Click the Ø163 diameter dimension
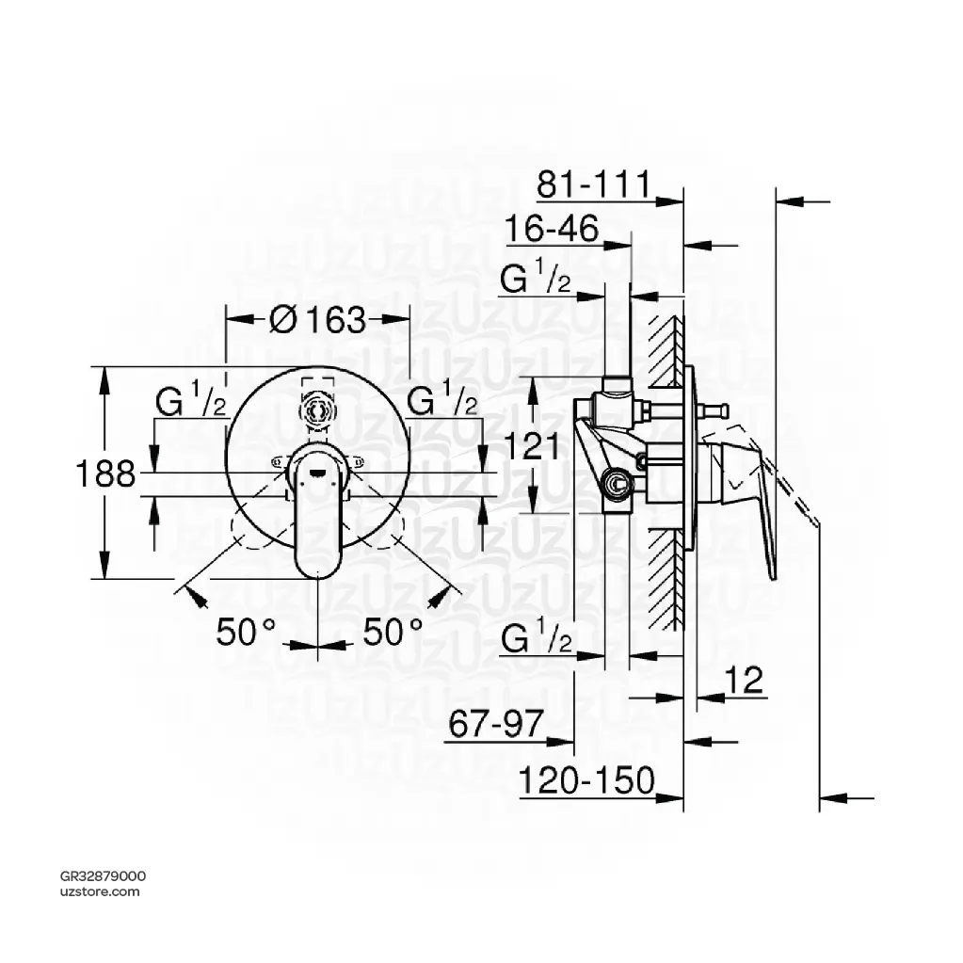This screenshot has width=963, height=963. click(316, 320)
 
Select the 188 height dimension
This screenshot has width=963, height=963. click(105, 473)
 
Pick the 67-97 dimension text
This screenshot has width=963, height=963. click(496, 726)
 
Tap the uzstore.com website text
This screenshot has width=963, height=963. click(100, 891)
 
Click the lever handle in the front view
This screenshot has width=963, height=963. click(318, 513)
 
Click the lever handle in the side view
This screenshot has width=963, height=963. click(748, 490)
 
